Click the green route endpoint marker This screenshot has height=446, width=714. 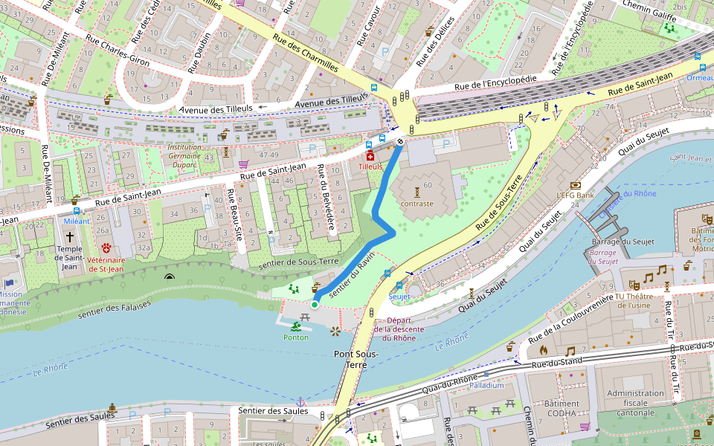[315, 304]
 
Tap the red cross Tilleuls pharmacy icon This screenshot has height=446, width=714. [370, 155]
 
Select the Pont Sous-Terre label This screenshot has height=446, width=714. [356, 359]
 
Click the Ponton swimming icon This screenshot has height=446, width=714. [296, 326]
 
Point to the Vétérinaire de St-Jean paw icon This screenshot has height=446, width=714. [106, 247]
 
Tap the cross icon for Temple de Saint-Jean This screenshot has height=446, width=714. [70, 236]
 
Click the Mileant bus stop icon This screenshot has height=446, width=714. [76, 210]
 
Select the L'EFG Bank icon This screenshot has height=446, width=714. [575, 185]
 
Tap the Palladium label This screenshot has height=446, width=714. [486, 385]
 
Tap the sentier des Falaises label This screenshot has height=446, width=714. [115, 308]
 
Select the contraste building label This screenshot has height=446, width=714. [416, 203]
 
